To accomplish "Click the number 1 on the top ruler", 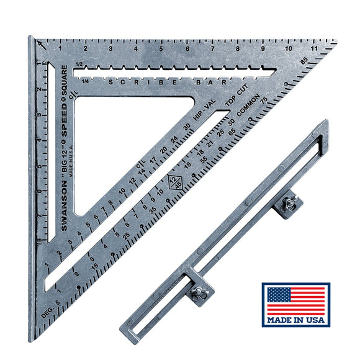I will pos(60,48).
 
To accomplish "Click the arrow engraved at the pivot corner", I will pos(40,45).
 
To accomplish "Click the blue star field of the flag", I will pos(277,295).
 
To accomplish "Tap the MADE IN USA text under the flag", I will pos(295,320).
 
